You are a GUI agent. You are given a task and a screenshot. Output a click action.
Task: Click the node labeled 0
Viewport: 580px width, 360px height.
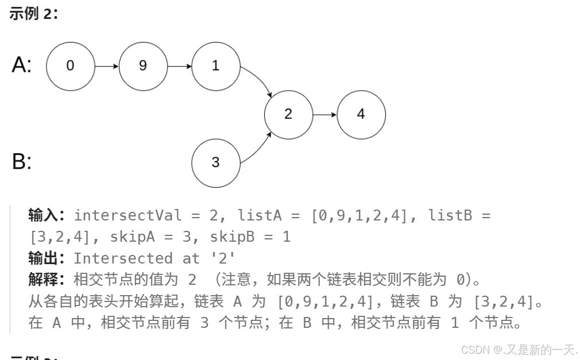(x=70, y=66)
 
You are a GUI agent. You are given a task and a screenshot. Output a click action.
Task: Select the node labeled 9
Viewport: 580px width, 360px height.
(x=143, y=66)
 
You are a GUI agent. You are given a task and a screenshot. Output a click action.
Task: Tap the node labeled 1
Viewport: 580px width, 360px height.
(x=215, y=66)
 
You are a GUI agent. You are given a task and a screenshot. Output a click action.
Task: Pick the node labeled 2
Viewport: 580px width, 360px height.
(x=288, y=114)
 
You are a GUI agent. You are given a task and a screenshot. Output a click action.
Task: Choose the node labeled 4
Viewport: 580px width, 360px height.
(x=361, y=114)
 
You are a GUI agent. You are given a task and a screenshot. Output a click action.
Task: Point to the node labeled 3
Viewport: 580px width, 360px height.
(x=215, y=162)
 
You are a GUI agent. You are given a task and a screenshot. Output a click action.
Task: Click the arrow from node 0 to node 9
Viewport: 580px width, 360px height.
(x=107, y=66)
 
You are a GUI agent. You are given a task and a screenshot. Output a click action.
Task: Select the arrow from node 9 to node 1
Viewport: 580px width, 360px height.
(x=179, y=66)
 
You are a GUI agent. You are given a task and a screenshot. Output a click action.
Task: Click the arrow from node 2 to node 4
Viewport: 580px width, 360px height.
(x=325, y=114)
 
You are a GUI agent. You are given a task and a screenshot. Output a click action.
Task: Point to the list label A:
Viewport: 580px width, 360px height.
(x=22, y=65)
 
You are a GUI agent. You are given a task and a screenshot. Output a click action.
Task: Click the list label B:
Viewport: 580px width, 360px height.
(x=22, y=162)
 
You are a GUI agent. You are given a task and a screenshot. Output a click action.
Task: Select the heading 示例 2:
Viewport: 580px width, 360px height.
(x=33, y=14)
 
